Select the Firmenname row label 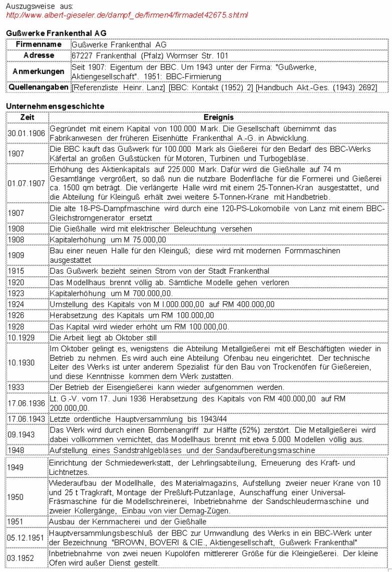[38, 45]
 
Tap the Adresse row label [39, 56]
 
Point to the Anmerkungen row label [39, 72]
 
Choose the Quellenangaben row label [39, 88]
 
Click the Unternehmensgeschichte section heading [55, 107]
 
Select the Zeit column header [27, 117]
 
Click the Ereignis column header [218, 117]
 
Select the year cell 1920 [16, 283]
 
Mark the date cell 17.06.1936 [27, 402]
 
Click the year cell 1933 [16, 387]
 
